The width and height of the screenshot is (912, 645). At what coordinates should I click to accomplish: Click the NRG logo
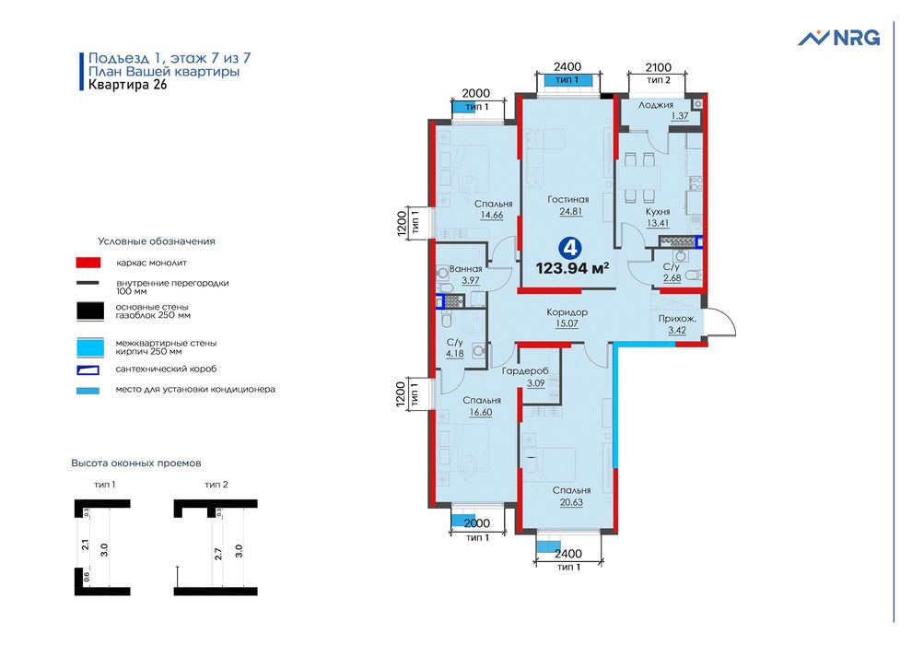[838, 38]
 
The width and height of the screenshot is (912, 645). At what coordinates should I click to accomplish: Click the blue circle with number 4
[571, 247]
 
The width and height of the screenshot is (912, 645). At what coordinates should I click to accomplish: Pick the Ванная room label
[466, 268]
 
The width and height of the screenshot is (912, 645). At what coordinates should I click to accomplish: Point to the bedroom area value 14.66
[493, 215]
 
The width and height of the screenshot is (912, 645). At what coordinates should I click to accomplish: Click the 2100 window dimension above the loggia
[658, 67]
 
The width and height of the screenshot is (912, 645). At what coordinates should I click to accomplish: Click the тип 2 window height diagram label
[216, 484]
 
